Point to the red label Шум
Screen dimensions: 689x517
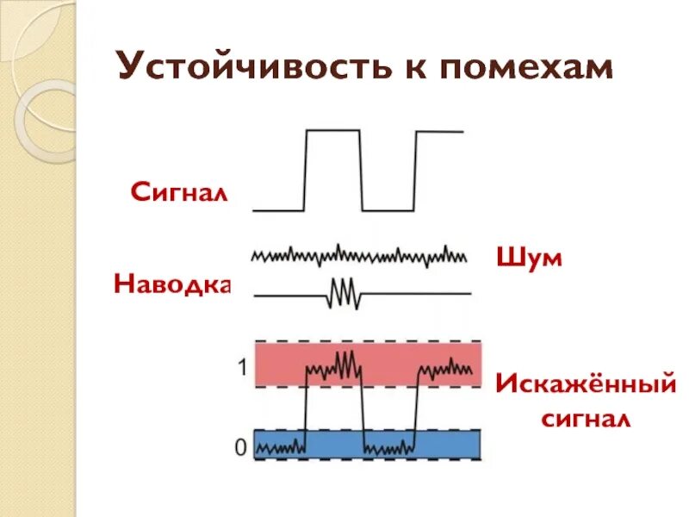point(529,257)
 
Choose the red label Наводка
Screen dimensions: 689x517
point(173,283)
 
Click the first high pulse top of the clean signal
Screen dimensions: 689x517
point(333,130)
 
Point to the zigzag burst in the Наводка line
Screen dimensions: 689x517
point(344,293)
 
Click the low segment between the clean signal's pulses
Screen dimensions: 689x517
point(388,209)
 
